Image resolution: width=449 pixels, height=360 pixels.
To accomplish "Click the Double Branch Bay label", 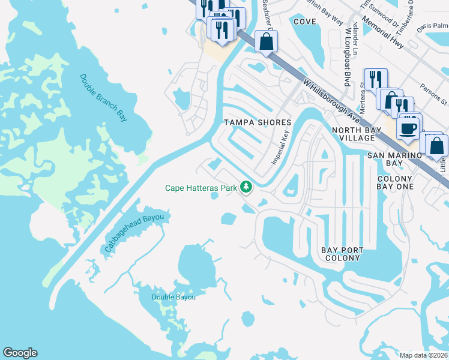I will pyautogui.click(x=103, y=98).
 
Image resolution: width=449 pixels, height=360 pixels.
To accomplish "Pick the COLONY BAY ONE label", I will pyautogui.click(x=394, y=183).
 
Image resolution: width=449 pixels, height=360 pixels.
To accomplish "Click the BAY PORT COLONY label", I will pyautogui.click(x=341, y=253).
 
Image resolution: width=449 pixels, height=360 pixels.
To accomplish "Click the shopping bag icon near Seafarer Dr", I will pyautogui.click(x=266, y=42).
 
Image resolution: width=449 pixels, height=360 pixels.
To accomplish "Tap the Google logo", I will pyautogui.click(x=20, y=353).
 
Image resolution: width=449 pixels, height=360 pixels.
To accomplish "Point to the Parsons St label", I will pyautogui.click(x=433, y=93).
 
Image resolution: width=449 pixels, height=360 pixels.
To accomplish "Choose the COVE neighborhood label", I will pyautogui.click(x=305, y=21).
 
